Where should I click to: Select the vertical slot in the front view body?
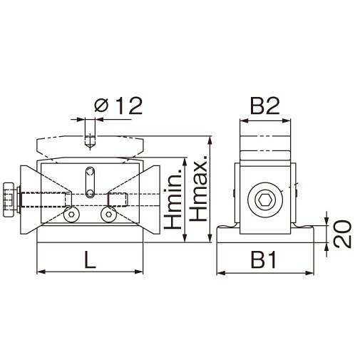[x=89, y=181]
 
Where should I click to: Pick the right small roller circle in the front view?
[x=108, y=213]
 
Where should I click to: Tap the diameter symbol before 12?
[x=101, y=107]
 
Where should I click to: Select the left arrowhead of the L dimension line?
[x=40, y=272]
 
